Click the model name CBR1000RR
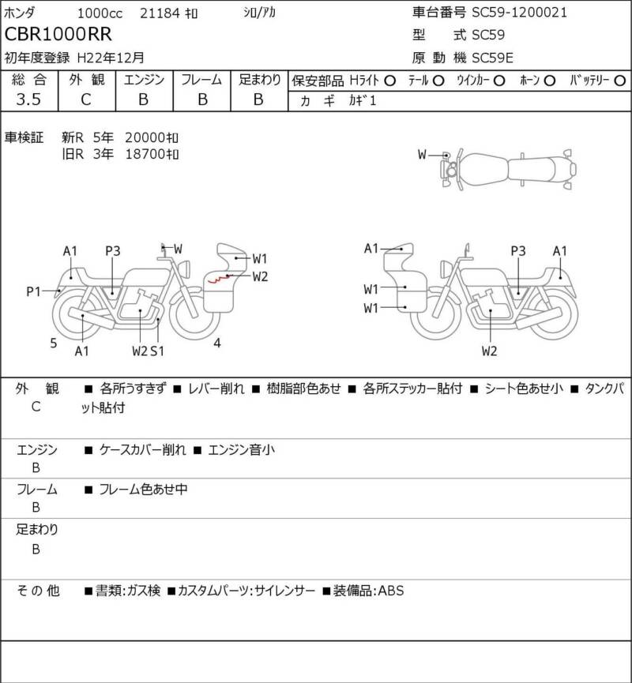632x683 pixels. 58,35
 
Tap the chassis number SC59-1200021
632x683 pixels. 520,12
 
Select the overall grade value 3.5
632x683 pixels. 28,99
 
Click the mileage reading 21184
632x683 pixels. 160,13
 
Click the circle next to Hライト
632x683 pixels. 390,81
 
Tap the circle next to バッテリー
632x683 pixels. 619,81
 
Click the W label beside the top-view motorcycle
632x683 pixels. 422,155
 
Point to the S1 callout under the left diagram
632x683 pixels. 157,351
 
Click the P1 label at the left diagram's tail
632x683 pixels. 33,291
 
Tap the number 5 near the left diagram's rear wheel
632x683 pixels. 53,343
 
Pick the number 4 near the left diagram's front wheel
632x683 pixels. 217,343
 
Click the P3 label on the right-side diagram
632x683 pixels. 518,251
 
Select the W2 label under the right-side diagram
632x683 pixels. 490,351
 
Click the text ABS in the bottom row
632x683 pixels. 390,591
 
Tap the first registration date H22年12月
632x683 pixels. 111,58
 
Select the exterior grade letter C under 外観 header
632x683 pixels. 86,99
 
